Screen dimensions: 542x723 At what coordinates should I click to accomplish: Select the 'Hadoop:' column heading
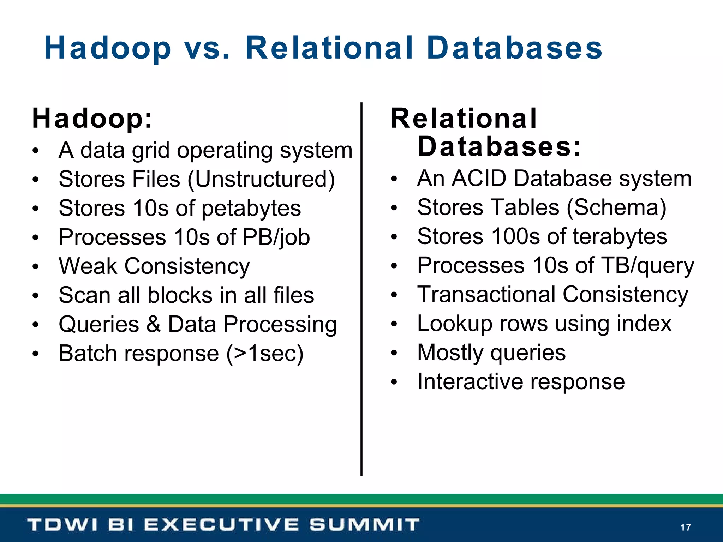click(x=92, y=119)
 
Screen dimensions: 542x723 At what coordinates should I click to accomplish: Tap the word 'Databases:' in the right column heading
click(x=499, y=147)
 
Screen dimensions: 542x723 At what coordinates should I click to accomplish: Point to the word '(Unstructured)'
click(x=261, y=179)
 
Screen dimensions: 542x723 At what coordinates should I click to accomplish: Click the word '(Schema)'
click(x=616, y=207)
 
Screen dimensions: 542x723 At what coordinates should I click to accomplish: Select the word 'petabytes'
click(x=251, y=208)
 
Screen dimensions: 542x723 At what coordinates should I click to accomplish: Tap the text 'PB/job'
click(x=276, y=237)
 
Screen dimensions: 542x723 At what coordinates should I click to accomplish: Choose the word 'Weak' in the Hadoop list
click(x=88, y=266)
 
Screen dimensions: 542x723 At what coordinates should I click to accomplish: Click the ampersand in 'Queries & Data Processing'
click(x=153, y=324)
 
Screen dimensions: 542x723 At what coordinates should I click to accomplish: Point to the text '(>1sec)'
click(x=265, y=353)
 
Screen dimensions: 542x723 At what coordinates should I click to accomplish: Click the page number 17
click(x=685, y=527)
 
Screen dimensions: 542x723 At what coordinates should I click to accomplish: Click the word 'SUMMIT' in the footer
click(x=365, y=524)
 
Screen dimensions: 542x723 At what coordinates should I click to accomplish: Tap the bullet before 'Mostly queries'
click(x=394, y=353)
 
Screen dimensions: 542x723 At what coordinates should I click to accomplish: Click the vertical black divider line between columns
click(x=361, y=289)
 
